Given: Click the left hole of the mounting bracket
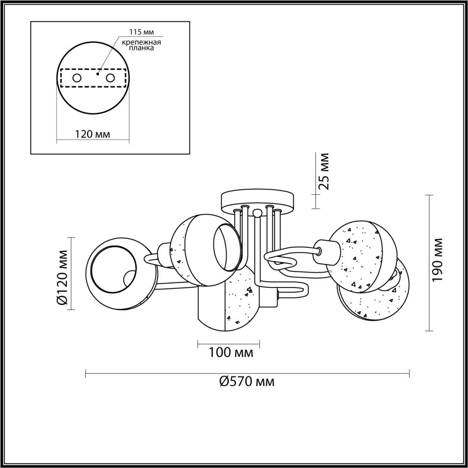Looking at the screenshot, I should point(77,78).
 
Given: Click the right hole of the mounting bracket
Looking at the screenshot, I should point(110,78).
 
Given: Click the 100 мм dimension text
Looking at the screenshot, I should point(231,352).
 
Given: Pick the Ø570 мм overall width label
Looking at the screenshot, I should point(247,382).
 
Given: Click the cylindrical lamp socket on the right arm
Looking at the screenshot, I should point(328,250).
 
